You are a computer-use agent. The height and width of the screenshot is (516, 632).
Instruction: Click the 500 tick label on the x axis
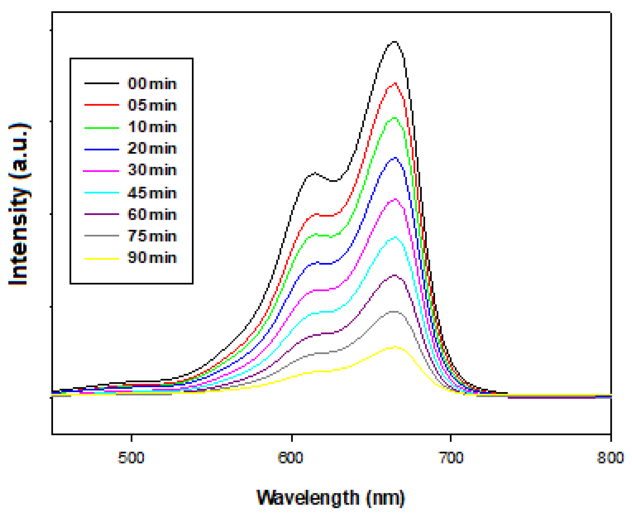(131, 458)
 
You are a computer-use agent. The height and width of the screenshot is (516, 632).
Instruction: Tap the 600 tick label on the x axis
(290, 458)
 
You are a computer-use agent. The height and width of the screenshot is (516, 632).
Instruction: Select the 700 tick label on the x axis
(451, 458)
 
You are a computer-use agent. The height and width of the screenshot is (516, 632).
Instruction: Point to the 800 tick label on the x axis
(610, 458)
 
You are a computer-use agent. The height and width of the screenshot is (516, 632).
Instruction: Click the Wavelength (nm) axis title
(331, 498)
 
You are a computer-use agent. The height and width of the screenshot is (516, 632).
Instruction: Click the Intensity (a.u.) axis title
(19, 204)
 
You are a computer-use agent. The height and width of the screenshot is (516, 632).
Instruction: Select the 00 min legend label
(152, 84)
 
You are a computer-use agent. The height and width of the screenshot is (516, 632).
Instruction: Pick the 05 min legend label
(152, 105)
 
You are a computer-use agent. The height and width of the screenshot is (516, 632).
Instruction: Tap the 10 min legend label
(152, 127)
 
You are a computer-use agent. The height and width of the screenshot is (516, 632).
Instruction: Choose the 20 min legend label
(152, 148)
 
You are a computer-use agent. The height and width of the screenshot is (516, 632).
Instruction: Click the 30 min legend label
(152, 170)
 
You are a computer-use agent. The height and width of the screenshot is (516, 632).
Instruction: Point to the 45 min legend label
(152, 193)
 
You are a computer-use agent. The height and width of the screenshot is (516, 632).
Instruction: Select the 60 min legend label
(152, 214)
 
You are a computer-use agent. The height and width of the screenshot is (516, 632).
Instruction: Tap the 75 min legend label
(152, 236)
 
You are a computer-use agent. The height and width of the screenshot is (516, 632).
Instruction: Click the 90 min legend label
(152, 257)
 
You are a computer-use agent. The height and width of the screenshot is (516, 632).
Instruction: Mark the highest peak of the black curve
(394, 42)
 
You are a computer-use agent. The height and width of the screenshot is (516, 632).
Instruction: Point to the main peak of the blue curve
(394, 158)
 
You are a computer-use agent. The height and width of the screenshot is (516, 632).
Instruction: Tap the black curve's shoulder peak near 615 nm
(315, 173)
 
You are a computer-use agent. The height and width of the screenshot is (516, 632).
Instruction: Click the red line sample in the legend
(101, 105)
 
